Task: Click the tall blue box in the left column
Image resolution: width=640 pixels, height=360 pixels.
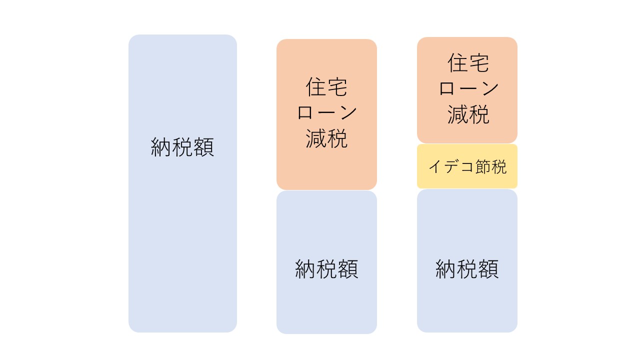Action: click(x=182, y=183)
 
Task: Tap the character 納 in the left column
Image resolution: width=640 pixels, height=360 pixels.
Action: click(x=161, y=147)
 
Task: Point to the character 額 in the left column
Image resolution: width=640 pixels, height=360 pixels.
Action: click(x=203, y=147)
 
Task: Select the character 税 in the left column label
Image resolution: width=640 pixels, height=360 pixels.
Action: click(x=182, y=147)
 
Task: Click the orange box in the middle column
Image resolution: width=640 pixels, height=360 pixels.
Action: click(x=326, y=114)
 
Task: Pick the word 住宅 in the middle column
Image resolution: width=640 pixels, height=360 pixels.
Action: click(x=326, y=87)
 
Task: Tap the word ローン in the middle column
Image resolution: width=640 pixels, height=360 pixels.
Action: click(x=327, y=112)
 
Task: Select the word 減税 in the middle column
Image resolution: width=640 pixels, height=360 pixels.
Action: click(x=326, y=138)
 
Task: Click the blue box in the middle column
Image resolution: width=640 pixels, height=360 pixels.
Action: click(x=326, y=262)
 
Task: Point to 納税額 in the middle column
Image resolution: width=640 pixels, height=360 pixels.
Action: click(x=326, y=269)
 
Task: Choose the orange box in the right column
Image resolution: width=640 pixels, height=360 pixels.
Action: click(x=467, y=90)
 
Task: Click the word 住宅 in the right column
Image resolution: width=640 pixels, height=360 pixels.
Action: click(x=468, y=63)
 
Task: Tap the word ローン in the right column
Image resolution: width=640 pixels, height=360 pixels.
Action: click(x=468, y=88)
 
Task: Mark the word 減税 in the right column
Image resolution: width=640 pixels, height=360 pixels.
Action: click(x=468, y=114)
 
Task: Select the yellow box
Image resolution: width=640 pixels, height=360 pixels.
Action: click(x=467, y=166)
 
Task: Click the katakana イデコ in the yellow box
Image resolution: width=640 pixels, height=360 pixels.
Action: click(x=451, y=166)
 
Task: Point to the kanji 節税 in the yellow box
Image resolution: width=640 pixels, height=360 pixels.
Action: click(x=491, y=166)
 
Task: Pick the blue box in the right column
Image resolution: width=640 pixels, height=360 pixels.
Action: click(x=467, y=261)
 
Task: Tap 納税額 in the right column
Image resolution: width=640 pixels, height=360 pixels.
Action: click(x=467, y=269)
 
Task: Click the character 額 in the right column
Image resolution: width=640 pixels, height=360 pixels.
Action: click(x=488, y=269)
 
